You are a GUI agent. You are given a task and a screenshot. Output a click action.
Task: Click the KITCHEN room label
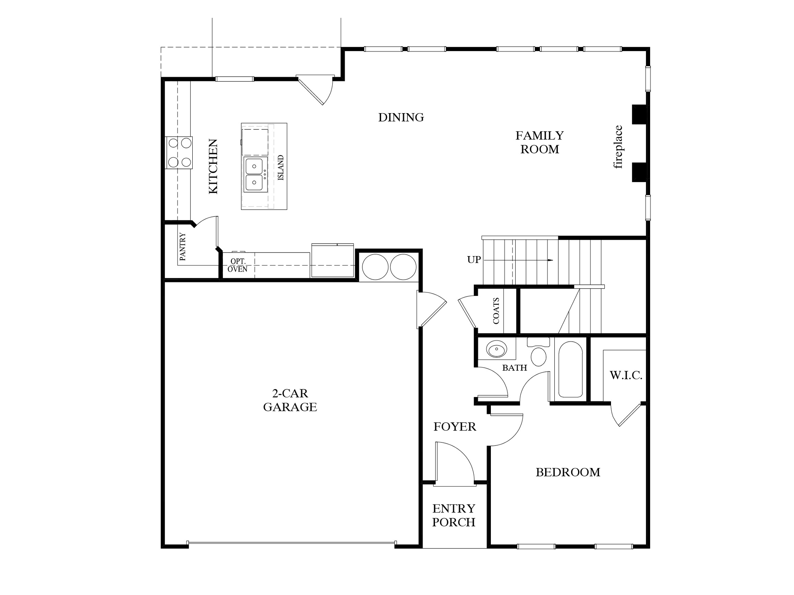[213, 167]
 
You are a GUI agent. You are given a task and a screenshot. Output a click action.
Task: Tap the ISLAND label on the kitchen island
[281, 168]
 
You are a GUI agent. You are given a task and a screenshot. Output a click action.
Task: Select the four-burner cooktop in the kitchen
[179, 153]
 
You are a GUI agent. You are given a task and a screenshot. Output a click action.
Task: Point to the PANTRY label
[183, 247]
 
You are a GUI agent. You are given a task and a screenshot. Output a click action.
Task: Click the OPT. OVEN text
[238, 266]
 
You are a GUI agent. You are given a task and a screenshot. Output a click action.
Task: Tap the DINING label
[401, 117]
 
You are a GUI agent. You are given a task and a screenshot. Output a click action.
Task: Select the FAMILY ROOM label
[539, 142]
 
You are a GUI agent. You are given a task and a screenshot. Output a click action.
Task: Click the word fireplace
[618, 147]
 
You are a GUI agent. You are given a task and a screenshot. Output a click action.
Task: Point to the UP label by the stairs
[474, 260]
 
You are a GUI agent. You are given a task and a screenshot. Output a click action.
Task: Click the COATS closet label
[496, 311]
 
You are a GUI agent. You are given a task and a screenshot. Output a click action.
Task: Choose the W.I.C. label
[626, 375]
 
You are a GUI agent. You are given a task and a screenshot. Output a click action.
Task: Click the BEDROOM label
[568, 472]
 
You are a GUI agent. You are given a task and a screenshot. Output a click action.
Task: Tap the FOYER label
[454, 427]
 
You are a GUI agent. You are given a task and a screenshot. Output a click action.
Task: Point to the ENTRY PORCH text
[454, 515]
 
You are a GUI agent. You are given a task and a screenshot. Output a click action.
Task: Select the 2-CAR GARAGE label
[290, 400]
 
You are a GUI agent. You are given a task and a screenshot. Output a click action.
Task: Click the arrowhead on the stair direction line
[550, 260]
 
